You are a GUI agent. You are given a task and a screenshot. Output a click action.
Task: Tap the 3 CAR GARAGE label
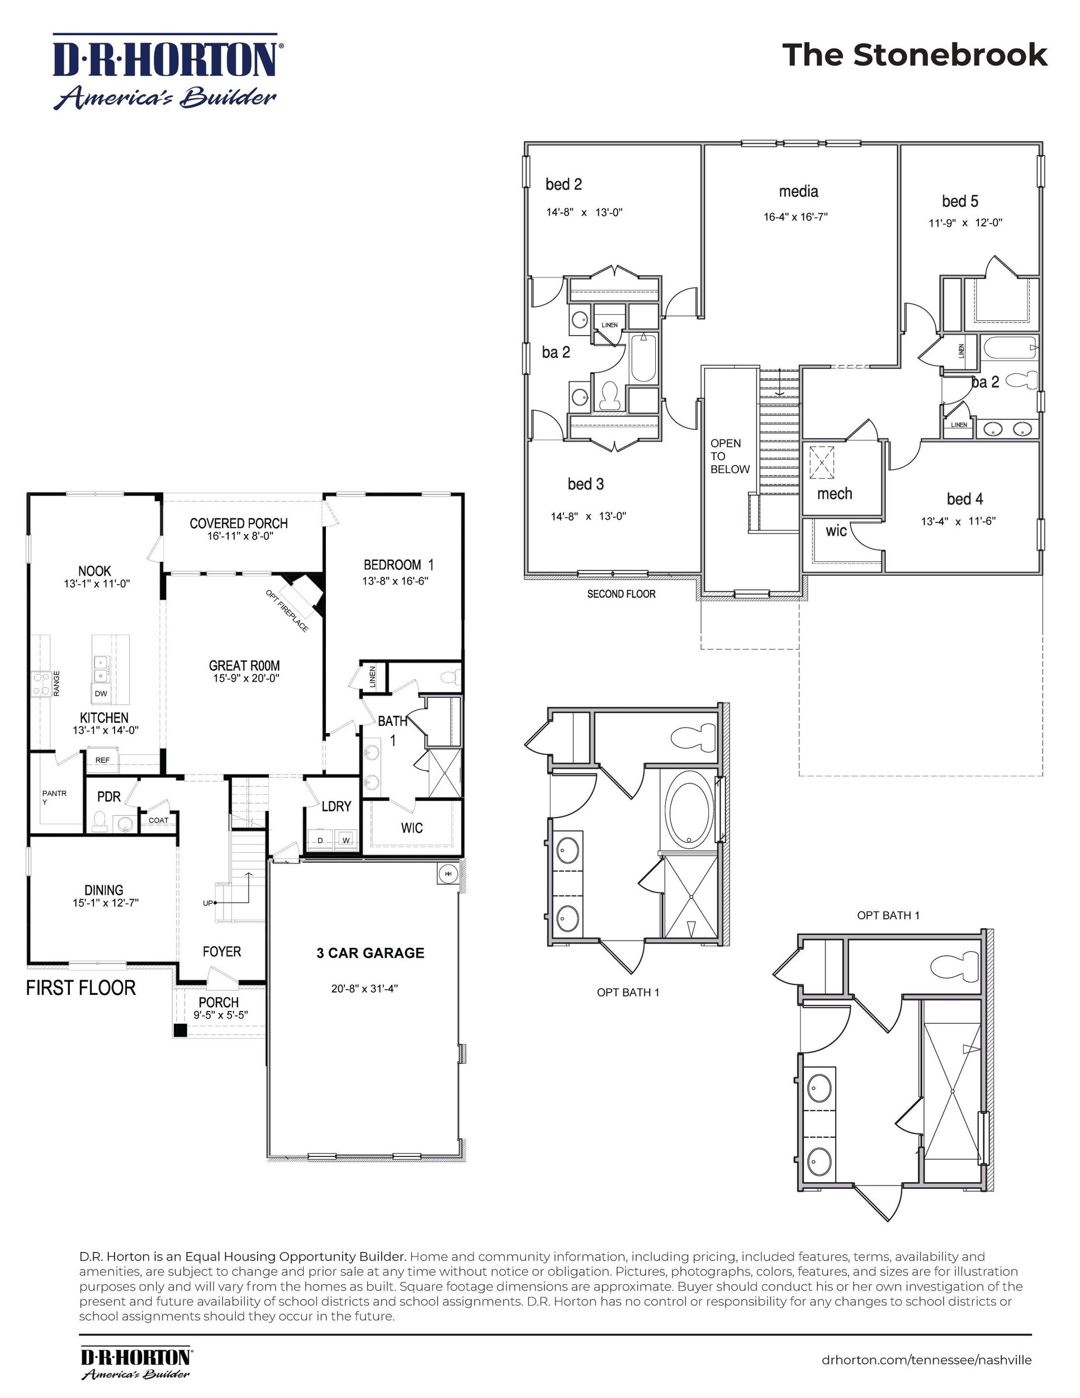pyautogui.click(x=371, y=953)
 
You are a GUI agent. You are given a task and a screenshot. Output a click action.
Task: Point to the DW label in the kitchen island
pyautogui.click(x=101, y=693)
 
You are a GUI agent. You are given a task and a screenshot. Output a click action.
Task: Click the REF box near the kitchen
pyautogui.click(x=102, y=760)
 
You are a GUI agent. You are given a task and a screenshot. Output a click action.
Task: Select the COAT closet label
pyautogui.click(x=158, y=820)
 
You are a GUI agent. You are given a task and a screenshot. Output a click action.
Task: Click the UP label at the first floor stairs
pyautogui.click(x=208, y=903)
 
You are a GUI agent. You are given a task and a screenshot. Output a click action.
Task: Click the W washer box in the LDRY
pyautogui.click(x=346, y=840)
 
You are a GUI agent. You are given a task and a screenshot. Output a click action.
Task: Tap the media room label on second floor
pyautogui.click(x=798, y=191)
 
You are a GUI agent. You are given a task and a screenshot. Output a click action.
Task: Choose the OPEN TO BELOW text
pyautogui.click(x=730, y=456)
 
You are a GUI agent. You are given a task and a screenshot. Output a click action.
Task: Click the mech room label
pyautogui.click(x=834, y=494)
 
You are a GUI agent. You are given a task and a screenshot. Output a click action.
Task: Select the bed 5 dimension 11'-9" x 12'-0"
pyautogui.click(x=965, y=223)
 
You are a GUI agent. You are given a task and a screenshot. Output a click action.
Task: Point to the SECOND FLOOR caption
pyautogui.click(x=620, y=594)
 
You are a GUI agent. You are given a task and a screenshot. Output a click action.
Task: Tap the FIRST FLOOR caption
pyautogui.click(x=80, y=988)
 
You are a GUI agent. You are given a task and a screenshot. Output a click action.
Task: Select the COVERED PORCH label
pyautogui.click(x=239, y=523)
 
